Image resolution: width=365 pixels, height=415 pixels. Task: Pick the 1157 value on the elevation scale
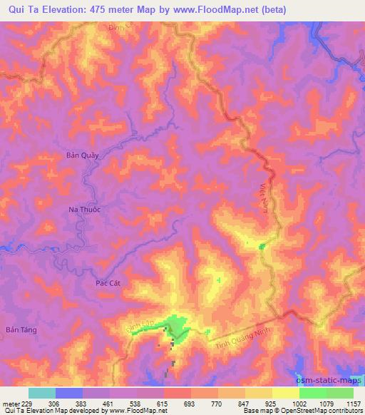click(354, 403)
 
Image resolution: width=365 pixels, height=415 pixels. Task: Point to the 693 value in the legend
click(191, 403)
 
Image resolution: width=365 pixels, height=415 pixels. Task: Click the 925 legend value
click(272, 403)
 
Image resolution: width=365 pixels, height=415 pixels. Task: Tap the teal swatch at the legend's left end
click(42, 393)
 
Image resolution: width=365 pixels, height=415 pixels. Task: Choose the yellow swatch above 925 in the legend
click(259, 393)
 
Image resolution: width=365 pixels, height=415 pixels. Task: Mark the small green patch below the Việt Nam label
click(262, 247)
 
